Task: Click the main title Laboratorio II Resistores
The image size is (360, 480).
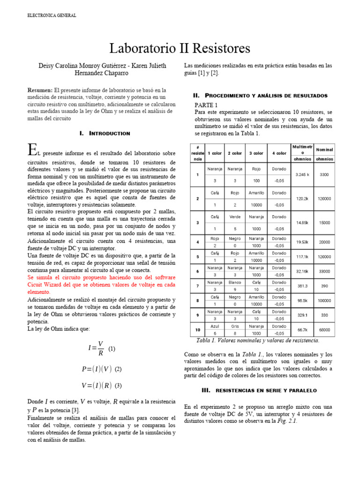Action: tap(180, 48)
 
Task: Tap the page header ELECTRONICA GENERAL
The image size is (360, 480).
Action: tap(51, 15)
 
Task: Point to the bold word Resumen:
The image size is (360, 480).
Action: tap(41, 90)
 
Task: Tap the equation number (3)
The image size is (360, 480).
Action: tap(118, 386)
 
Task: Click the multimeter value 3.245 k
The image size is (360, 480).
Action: tap(302, 174)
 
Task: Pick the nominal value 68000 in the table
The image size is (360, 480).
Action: tap(324, 330)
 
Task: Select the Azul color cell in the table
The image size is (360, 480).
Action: tap(215, 326)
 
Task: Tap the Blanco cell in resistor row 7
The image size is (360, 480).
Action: tap(235, 283)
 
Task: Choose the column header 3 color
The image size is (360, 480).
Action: tap(256, 153)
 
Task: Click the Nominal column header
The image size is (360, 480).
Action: tap(324, 150)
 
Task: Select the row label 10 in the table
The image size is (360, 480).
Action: tap(197, 330)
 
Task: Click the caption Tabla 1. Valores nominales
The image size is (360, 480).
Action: tap(258, 341)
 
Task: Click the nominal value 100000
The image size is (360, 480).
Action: tap(324, 300)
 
